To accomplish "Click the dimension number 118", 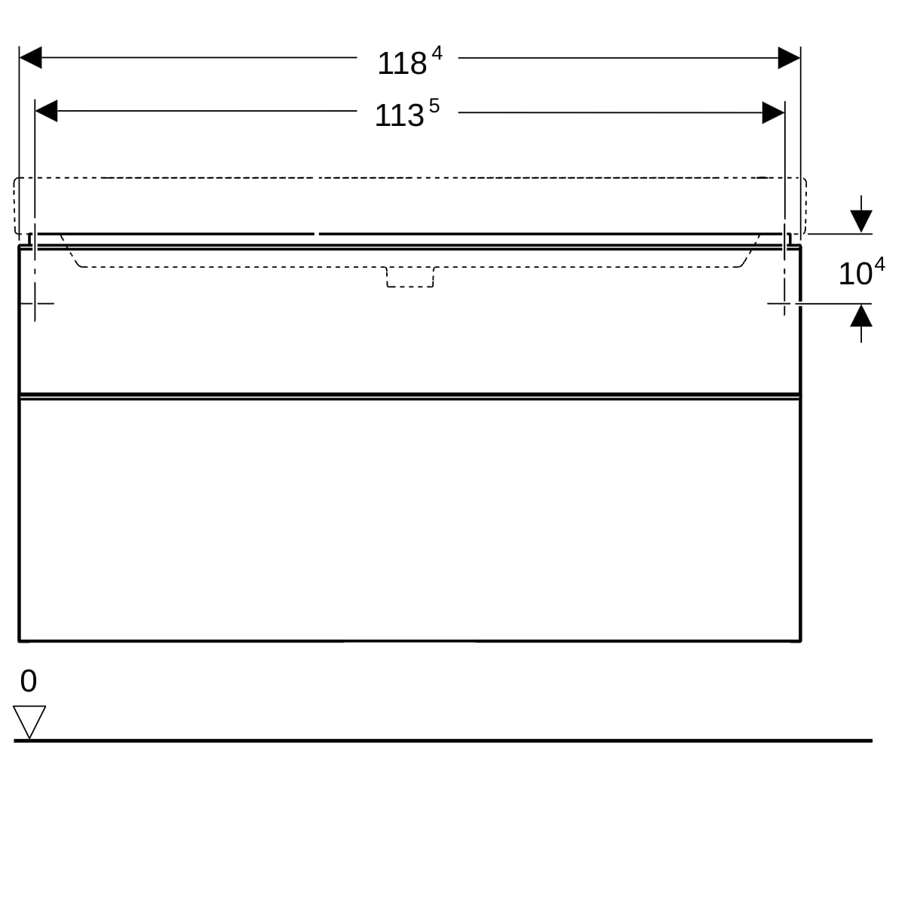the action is tap(402, 63).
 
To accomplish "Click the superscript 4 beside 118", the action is tap(437, 53).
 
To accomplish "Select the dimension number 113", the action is tap(399, 115).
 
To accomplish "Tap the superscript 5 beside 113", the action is tap(434, 106).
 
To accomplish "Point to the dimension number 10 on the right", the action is tap(855, 274).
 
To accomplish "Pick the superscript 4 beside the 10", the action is tap(879, 265).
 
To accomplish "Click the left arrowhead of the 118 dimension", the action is tap(30, 57).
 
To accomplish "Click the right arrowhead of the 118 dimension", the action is tap(789, 58).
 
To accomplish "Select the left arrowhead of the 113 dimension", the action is tap(46, 111).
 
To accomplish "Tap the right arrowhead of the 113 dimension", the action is tap(773, 112).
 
